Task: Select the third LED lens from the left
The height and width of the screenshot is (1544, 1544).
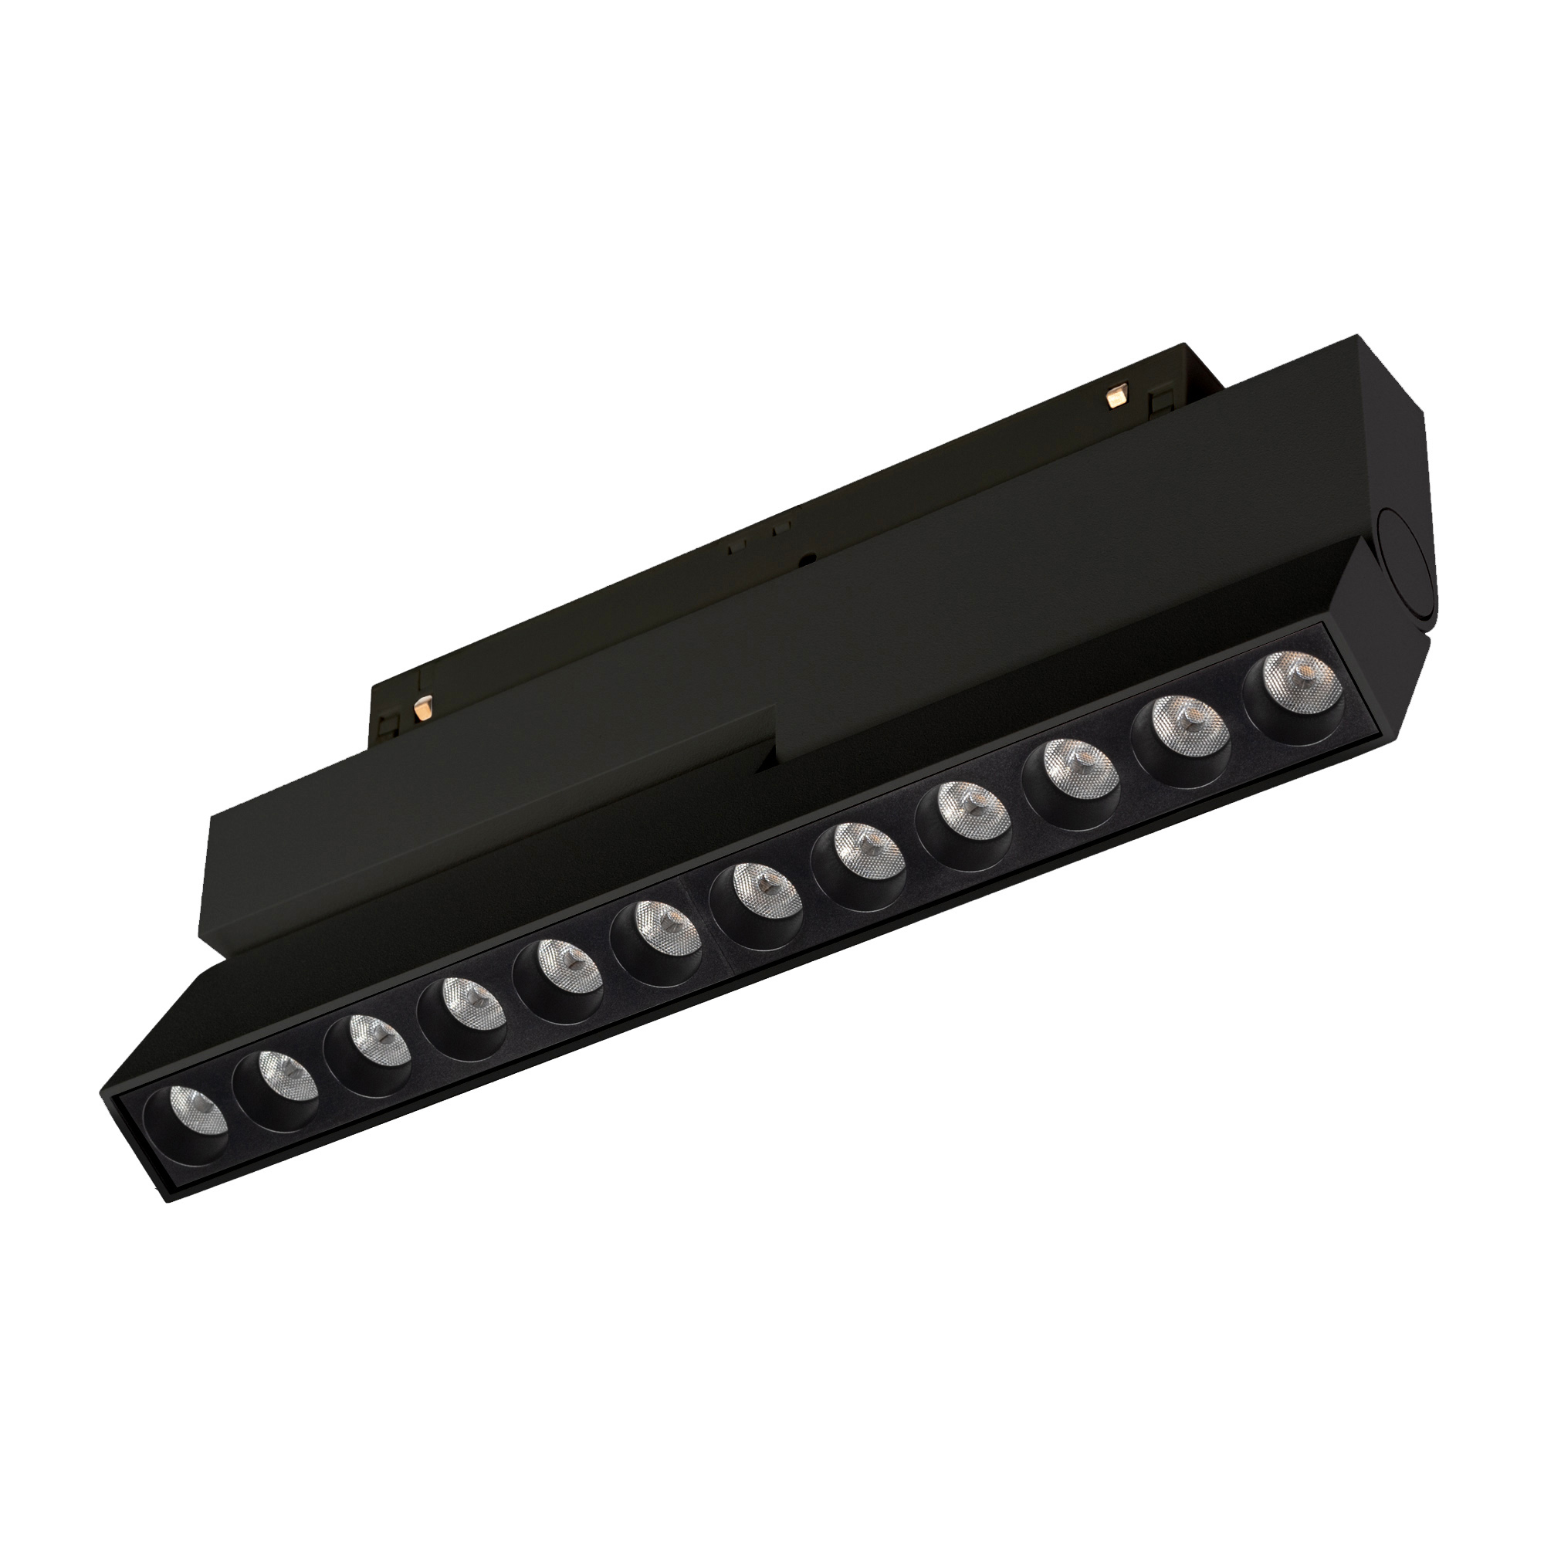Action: click(x=370, y=1053)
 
